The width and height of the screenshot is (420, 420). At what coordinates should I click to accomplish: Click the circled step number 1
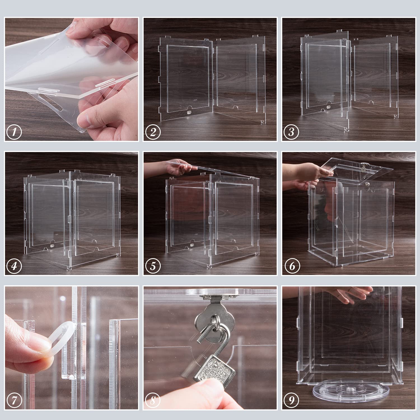point(14,132)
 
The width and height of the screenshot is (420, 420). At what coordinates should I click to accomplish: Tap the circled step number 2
point(153,132)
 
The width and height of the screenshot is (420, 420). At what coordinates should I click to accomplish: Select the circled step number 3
point(291,132)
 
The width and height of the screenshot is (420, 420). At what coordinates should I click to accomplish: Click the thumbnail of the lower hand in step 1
point(86,121)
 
